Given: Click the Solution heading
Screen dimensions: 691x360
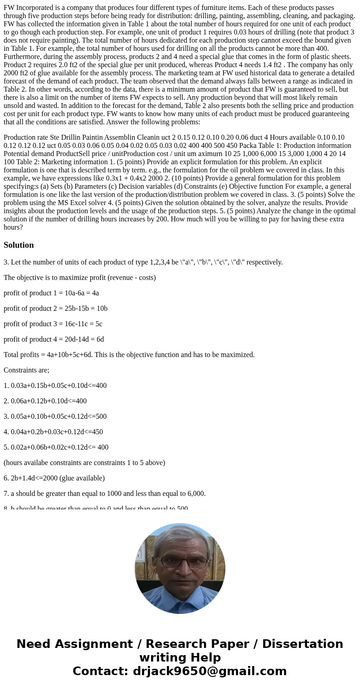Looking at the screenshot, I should pyautogui.click(x=19, y=245).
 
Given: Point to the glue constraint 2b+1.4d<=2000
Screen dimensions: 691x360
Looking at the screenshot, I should pyautogui.click(x=54, y=478).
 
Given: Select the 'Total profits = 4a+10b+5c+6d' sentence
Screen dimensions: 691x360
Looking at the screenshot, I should pyautogui.click(x=129, y=355).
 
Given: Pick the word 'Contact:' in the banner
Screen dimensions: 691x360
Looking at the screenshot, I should pyautogui.click(x=96, y=671).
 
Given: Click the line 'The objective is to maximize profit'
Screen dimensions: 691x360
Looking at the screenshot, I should pyautogui.click(x=79, y=278).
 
